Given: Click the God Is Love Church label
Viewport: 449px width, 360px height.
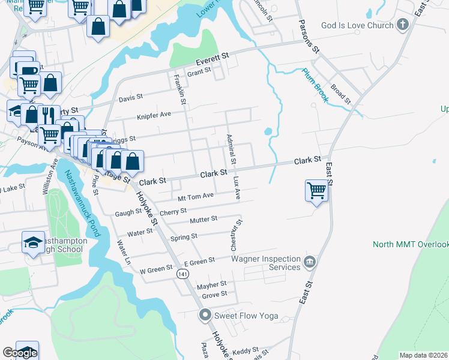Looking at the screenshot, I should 357,25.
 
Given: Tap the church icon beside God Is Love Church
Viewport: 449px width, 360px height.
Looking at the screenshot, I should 403,25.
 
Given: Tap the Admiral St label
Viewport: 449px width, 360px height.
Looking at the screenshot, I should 231,149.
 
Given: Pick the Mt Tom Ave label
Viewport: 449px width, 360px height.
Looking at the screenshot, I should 196,196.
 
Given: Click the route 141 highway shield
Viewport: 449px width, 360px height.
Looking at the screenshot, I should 182,273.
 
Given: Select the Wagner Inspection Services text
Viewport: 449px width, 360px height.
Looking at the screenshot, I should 266,263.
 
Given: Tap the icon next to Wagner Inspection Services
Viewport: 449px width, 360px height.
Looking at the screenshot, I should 310,262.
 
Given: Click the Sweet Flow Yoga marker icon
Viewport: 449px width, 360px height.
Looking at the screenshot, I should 205,314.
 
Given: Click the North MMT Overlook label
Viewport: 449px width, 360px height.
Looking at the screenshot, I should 411,244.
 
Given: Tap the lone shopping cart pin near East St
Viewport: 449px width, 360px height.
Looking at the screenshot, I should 316,190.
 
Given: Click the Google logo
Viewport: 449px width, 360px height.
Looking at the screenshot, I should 20,353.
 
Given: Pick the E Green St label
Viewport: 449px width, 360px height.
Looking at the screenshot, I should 199,262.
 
